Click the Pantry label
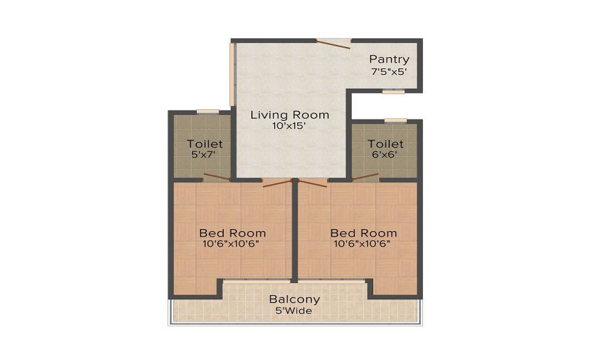tap(389, 59)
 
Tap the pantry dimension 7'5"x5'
tap(389, 71)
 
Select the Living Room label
tap(290, 115)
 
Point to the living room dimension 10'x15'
tap(289, 126)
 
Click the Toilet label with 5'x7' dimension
tap(205, 144)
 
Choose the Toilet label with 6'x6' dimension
tap(385, 144)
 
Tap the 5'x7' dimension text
tap(203, 155)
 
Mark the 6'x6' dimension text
tap(385, 155)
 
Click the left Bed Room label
tap(232, 233)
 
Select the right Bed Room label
tap(364, 233)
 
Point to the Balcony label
tap(294, 299)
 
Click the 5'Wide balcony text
tap(294, 311)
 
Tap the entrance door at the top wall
tap(333, 44)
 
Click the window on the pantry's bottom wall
tap(394, 91)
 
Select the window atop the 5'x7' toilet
tap(208, 112)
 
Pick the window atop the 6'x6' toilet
tap(395, 121)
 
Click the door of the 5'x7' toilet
tap(217, 177)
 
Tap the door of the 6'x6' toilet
tap(365, 177)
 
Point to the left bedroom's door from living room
tap(277, 183)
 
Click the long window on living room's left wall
tap(232, 74)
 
